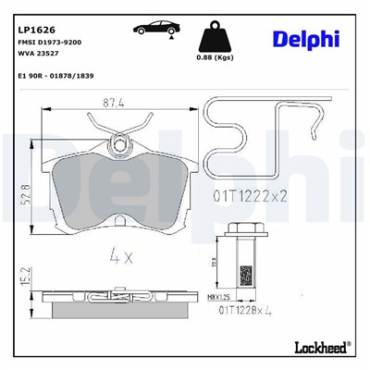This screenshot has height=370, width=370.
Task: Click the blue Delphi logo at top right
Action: click(x=305, y=37)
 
